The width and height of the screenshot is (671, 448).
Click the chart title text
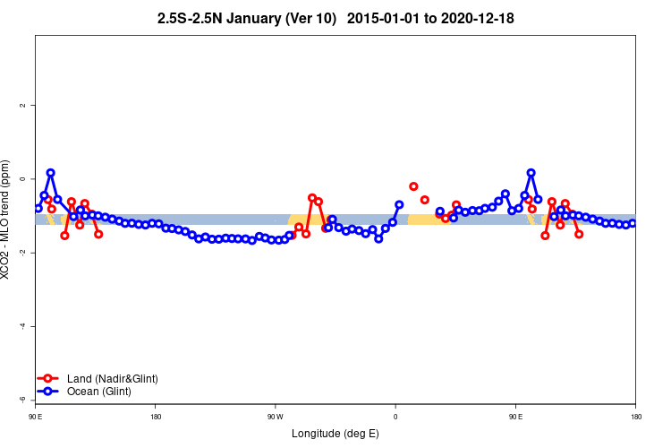click(x=335, y=18)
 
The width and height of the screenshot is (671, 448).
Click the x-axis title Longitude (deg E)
click(x=335, y=434)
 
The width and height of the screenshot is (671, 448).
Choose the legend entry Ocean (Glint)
click(x=98, y=392)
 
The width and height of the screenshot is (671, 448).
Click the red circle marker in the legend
click(x=48, y=379)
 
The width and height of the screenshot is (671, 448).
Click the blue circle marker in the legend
click(x=48, y=392)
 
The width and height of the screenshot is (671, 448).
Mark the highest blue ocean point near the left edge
click(x=50, y=172)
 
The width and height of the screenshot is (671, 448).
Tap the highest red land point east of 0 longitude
click(x=413, y=186)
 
